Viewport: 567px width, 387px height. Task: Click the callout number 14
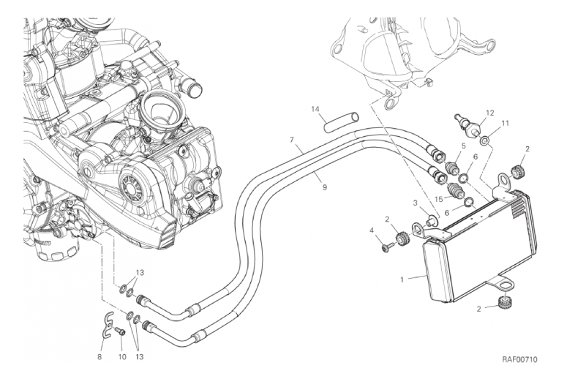coord(315,110)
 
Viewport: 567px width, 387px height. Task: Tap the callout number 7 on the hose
coord(291,139)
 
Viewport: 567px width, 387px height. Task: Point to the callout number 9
coord(324,188)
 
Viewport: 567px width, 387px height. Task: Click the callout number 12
coord(490,113)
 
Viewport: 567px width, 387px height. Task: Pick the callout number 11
coord(505,124)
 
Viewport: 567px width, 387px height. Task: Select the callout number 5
coord(462,146)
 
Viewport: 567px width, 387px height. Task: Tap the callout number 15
coord(438,198)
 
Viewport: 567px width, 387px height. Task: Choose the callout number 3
coord(414,203)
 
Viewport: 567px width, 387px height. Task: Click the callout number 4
coord(372,232)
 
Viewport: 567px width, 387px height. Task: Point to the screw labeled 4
coord(385,247)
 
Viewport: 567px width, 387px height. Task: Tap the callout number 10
coord(122,337)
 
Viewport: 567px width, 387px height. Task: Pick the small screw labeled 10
coord(121,331)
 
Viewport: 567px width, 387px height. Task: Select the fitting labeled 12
coord(468,126)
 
